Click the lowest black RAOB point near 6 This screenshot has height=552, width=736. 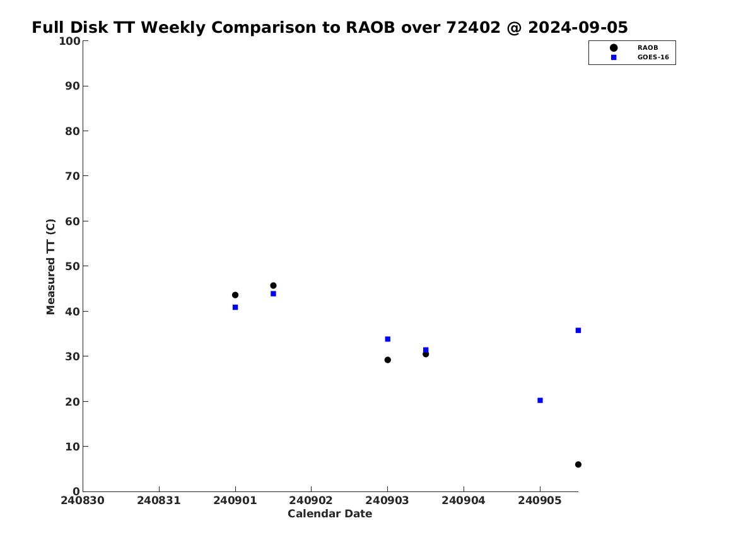point(578,464)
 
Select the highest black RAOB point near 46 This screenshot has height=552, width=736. point(273,285)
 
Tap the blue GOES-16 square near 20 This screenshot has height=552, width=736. point(540,401)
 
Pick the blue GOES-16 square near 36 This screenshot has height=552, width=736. point(578,331)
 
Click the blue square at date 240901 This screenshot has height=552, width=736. point(235,307)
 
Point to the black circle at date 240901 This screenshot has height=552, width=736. point(235,295)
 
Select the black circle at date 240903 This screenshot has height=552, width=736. point(387,360)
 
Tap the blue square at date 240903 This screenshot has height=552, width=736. point(387,339)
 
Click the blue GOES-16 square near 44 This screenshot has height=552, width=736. point(273,294)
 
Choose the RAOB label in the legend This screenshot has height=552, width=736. point(647,48)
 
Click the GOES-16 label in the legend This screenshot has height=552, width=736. point(653,57)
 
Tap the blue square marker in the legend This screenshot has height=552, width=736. point(613,57)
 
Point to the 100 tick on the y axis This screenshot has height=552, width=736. point(85,41)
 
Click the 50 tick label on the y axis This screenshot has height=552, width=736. point(73,266)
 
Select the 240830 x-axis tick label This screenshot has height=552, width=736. point(83,500)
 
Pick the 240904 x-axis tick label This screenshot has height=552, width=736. point(464,500)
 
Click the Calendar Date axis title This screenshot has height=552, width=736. point(330,514)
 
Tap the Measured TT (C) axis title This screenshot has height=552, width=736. point(50,266)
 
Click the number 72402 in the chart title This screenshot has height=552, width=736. point(472,28)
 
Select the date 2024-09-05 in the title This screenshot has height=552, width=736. point(578,28)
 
